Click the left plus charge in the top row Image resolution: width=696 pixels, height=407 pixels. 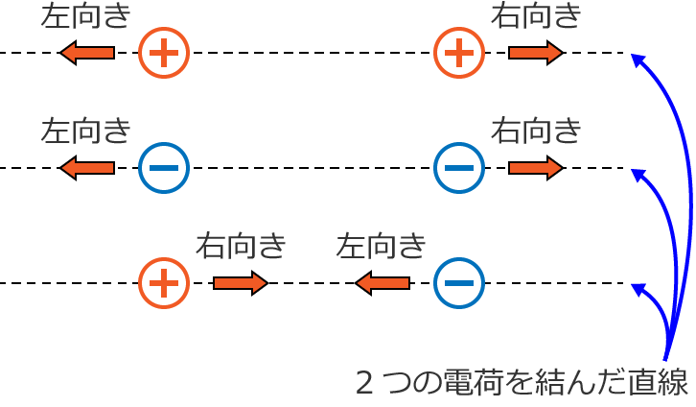[164, 53]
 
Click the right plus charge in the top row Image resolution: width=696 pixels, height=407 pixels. [459, 53]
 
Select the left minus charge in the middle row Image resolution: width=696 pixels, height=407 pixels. [164, 168]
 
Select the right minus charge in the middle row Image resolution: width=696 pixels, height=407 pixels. [459, 168]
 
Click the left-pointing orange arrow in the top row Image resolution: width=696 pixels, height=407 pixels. [87, 53]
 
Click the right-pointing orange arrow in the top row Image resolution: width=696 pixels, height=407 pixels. [536, 53]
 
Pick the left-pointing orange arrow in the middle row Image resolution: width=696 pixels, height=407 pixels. [87, 168]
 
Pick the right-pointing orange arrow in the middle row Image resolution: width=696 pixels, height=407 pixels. [536, 168]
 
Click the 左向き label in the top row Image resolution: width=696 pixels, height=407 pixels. [85, 15]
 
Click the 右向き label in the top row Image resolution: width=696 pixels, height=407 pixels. [536, 15]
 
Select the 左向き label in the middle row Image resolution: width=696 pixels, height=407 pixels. [85, 131]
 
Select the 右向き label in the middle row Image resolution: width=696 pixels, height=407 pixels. [536, 131]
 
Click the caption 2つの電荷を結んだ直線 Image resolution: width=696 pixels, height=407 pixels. [522, 383]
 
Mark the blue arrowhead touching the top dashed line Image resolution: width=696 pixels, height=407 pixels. [638, 60]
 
